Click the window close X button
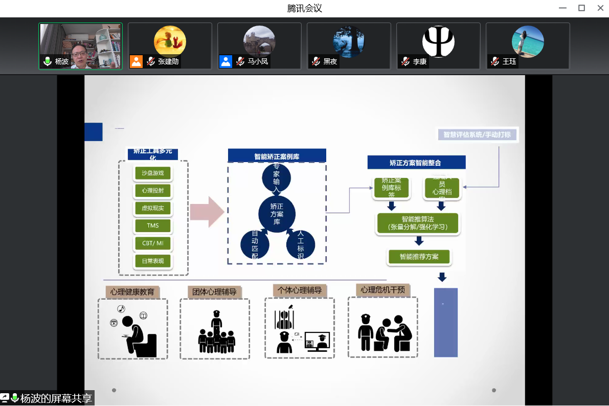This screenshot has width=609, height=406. click(x=600, y=8)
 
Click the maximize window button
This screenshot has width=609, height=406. click(x=581, y=8)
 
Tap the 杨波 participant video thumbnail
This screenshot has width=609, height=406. click(x=81, y=46)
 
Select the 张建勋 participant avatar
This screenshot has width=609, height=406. click(x=170, y=41)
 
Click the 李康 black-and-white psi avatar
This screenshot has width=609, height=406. click(x=438, y=41)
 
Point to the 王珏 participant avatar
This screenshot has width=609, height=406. click(x=528, y=41)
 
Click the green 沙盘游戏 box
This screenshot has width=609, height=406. click(x=153, y=173)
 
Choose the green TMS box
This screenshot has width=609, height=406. click(x=153, y=225)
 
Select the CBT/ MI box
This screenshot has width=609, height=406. click(x=153, y=243)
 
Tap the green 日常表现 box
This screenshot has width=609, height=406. click(x=153, y=261)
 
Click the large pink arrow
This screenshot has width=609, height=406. click(x=207, y=212)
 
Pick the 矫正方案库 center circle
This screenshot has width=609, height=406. click(x=277, y=213)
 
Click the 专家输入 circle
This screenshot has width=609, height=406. click(x=276, y=178)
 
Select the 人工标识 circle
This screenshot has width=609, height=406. click(x=300, y=244)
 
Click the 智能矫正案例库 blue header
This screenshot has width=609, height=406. click(x=277, y=156)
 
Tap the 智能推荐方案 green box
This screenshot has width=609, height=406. click(x=419, y=256)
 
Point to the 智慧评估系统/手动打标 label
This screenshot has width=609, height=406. click(x=478, y=134)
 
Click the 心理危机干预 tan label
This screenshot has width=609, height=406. click(x=382, y=290)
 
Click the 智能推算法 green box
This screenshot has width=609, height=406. click(x=418, y=223)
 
